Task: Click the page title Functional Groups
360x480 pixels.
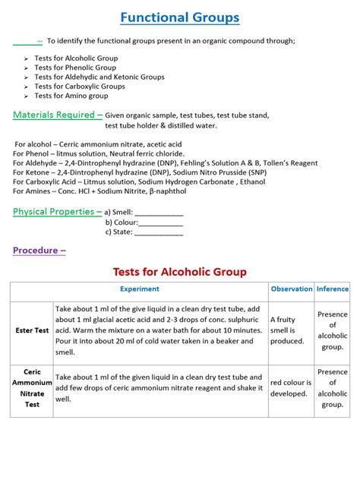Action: coord(180,17)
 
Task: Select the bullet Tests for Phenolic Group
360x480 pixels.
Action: coord(75,68)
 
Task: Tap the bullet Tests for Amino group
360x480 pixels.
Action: coord(71,96)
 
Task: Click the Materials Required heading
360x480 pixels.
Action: coord(58,115)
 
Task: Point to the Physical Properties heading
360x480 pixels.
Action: coord(57,212)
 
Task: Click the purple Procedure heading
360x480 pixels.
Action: coord(39,250)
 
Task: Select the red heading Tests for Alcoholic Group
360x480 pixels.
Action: coord(180,272)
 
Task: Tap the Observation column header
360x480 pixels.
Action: coord(292,289)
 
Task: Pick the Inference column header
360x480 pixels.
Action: coord(333,289)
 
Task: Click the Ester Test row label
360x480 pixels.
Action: coord(32,330)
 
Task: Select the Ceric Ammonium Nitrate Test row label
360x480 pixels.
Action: coord(32,389)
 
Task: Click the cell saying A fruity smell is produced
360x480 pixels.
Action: coord(291,330)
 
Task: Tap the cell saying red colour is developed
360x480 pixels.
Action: coord(291,388)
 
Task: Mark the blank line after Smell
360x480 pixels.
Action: coord(159,214)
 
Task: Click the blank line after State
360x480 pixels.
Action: coord(158,234)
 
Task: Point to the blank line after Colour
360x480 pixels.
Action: coord(160,224)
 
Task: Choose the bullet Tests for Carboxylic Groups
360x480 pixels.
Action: coord(80,87)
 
